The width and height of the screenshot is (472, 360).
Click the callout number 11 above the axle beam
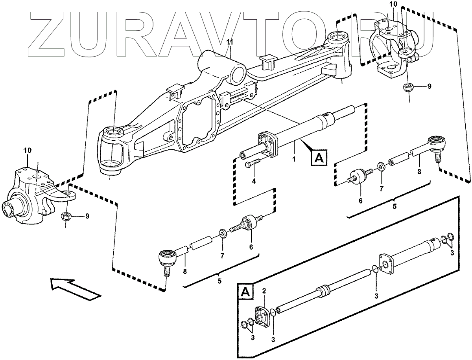point(230,42)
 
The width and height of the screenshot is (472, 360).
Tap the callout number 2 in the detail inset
point(264,291)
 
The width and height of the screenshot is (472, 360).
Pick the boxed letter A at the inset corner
point(245,292)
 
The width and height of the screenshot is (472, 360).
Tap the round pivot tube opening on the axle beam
point(238,75)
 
